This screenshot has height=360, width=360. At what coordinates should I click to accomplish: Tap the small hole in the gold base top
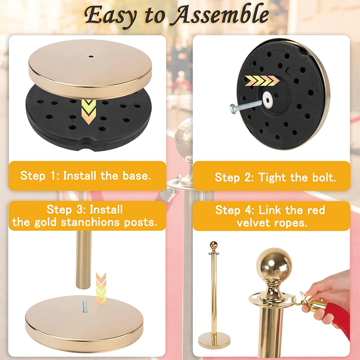[90, 57]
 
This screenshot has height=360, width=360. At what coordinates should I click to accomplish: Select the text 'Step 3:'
[66, 209]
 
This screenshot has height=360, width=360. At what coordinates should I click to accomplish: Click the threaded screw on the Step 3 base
[84, 307]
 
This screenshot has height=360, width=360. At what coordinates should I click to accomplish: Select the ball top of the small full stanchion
[214, 246]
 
